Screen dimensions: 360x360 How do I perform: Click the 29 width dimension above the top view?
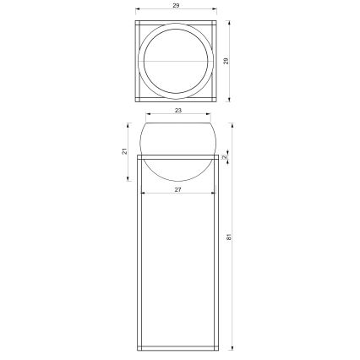click(x=177, y=6)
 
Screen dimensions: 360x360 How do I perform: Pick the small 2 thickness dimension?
click(x=225, y=157)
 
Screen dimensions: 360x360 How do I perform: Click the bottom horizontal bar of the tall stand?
click(x=177, y=346)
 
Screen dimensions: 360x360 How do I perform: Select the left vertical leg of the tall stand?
click(x=138, y=254)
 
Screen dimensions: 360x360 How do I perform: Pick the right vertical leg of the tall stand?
click(x=216, y=254)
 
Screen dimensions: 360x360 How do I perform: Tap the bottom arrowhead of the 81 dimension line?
click(x=232, y=347)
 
